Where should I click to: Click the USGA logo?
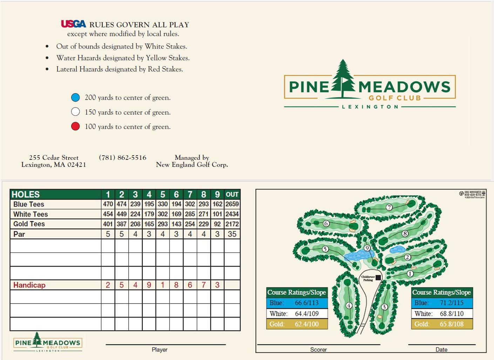[x=73, y=24]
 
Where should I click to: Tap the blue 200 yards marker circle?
[x=75, y=97]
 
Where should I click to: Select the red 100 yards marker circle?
[x=75, y=127]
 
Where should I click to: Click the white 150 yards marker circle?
[x=75, y=112]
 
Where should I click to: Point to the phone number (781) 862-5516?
[x=122, y=158]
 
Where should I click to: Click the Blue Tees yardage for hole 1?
[x=108, y=204]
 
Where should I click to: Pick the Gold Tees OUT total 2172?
[x=232, y=224]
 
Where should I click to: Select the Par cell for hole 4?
[x=149, y=234]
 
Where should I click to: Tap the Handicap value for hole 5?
[x=163, y=285]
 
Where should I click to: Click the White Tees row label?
[x=31, y=214]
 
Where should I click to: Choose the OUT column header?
[x=232, y=195]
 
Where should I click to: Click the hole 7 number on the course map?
[x=389, y=207]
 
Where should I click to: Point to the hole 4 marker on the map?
[x=349, y=306]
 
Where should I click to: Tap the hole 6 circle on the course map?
[x=326, y=223]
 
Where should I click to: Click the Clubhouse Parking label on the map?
[x=368, y=278]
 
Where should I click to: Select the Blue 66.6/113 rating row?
[x=297, y=303]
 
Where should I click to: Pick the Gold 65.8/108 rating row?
[x=442, y=324]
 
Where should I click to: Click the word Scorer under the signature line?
[x=318, y=349]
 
